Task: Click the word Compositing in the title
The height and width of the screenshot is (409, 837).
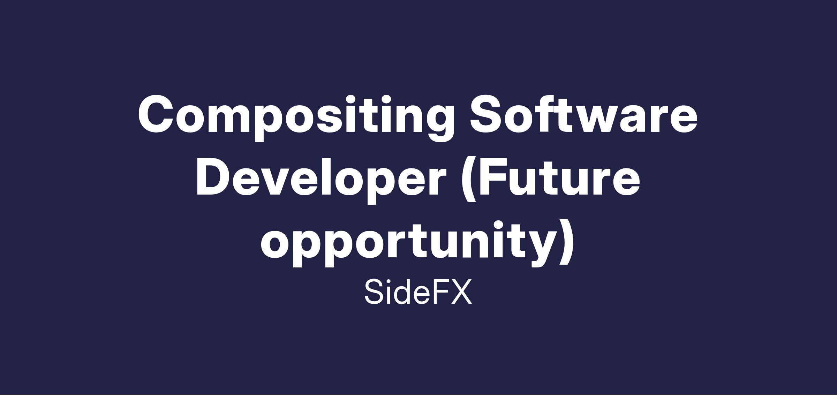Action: tap(296, 118)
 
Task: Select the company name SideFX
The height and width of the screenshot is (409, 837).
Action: tap(418, 291)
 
